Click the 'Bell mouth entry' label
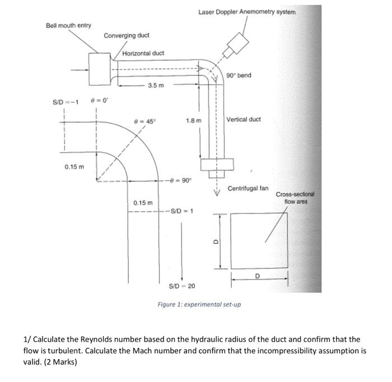[x=68, y=26]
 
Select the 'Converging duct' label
[x=126, y=35]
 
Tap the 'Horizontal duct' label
[x=143, y=53]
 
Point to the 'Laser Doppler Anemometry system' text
[x=246, y=11]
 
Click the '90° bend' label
[x=239, y=75]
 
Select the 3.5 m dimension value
[x=156, y=86]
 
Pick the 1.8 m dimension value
[x=194, y=120]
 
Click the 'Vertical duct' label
[x=243, y=119]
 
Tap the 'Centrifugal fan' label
[x=248, y=189]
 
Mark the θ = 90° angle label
[x=180, y=180]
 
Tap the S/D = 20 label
[x=182, y=286]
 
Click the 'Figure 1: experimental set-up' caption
[x=199, y=304]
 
